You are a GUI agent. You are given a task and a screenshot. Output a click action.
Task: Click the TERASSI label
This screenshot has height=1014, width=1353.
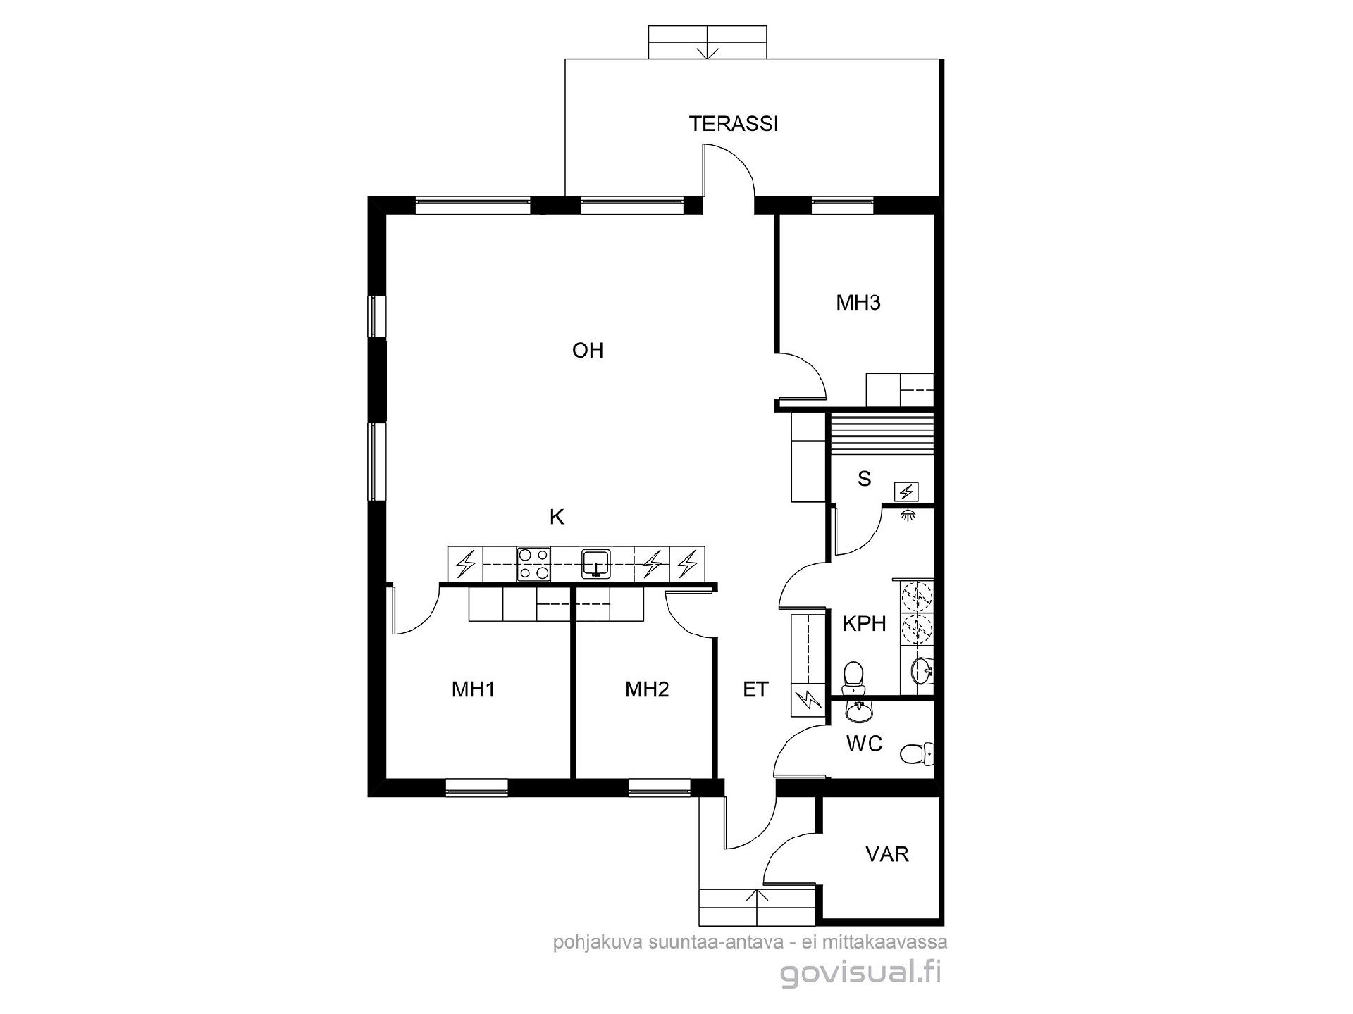point(734,124)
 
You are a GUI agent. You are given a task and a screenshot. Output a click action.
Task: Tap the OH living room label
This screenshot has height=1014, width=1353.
point(588,351)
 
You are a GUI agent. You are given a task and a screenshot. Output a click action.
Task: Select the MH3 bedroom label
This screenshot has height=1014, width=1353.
point(858,303)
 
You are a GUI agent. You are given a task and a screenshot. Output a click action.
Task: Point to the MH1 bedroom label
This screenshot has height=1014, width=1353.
point(474,689)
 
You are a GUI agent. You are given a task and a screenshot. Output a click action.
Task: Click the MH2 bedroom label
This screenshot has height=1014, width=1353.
point(647,689)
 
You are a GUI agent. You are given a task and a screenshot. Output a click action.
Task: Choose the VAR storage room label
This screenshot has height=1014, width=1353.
point(887,855)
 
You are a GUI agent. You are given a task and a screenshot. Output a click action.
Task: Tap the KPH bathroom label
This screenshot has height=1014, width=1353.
point(865,624)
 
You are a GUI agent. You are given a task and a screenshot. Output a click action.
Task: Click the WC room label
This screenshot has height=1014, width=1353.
point(865,744)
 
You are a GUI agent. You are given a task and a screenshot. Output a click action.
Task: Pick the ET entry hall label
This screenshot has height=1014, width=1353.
point(755,689)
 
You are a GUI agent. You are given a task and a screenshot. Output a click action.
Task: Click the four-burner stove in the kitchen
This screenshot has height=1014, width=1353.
point(533,564)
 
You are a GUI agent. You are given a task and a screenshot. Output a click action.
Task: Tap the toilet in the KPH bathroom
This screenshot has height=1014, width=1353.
point(853,675)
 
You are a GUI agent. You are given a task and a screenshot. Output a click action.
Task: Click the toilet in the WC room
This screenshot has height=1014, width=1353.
point(916,754)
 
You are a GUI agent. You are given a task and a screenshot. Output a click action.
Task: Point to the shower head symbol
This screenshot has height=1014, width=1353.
point(908,514)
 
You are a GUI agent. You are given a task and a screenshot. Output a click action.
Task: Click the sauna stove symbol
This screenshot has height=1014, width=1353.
point(906,492)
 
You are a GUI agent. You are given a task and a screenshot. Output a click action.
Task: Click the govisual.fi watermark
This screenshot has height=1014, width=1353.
point(860,973)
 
